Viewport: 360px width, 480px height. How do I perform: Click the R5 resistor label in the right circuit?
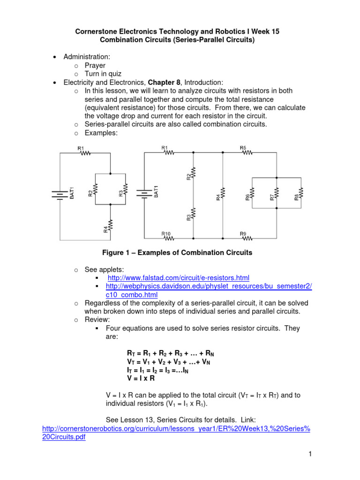coord(243,148)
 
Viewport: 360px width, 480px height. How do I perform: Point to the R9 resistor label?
coord(243,233)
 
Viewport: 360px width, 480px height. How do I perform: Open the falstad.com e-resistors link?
coord(179,277)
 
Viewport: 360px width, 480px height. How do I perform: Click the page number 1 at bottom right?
coord(310,454)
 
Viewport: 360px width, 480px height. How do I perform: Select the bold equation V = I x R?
coord(141,378)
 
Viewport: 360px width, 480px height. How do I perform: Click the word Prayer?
coord(95,66)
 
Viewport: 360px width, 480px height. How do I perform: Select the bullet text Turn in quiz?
coord(103,74)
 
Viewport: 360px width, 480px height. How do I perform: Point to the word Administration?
coord(87,57)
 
